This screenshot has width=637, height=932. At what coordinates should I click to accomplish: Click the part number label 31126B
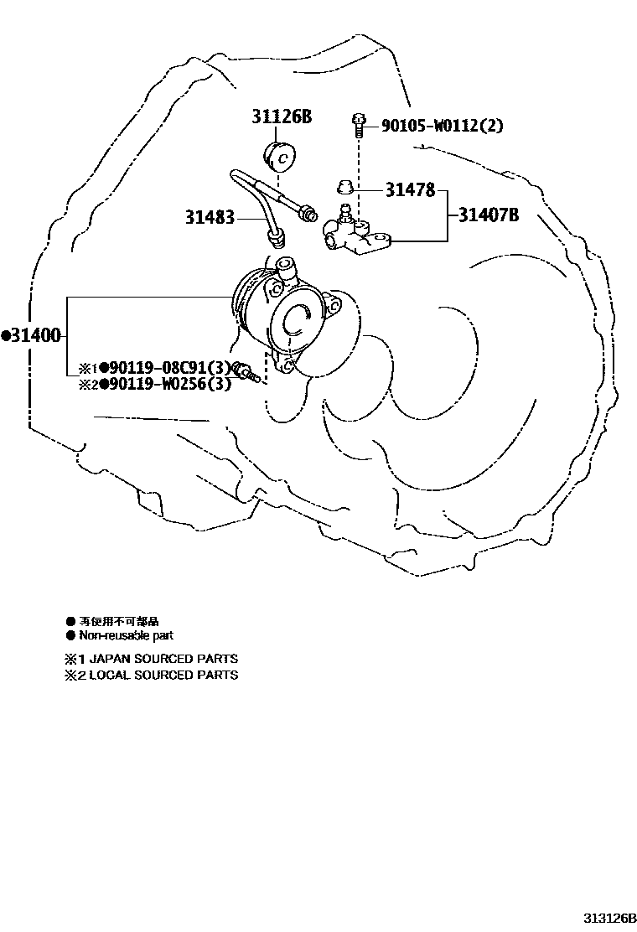click(282, 117)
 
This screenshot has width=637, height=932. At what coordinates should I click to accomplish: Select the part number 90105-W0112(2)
click(443, 126)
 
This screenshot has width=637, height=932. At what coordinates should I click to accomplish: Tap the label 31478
click(410, 190)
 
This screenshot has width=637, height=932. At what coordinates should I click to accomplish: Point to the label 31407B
click(488, 215)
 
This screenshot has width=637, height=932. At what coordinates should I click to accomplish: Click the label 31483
click(210, 218)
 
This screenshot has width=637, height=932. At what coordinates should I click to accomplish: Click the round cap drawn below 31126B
click(281, 157)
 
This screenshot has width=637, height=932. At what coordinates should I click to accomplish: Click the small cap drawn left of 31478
click(342, 185)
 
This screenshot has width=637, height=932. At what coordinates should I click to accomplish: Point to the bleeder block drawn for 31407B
click(357, 236)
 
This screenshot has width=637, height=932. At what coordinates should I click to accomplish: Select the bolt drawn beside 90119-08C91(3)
click(246, 370)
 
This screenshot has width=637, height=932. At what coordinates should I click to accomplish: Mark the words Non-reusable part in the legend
click(126, 635)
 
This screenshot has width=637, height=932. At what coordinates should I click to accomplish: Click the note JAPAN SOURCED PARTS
click(163, 659)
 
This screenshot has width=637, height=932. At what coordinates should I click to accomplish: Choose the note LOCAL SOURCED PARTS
click(163, 674)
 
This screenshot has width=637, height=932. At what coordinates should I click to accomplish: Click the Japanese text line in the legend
click(118, 622)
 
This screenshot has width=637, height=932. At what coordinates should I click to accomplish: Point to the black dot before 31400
click(6, 336)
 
